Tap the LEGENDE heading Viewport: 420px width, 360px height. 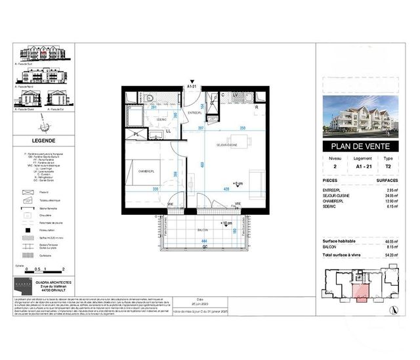coord(43,141)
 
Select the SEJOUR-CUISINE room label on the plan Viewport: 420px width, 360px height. coord(226,144)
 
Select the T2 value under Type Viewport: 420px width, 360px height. coord(389,168)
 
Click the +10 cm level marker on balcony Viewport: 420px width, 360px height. coord(227,224)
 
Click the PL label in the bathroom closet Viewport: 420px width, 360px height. coord(136,134)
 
